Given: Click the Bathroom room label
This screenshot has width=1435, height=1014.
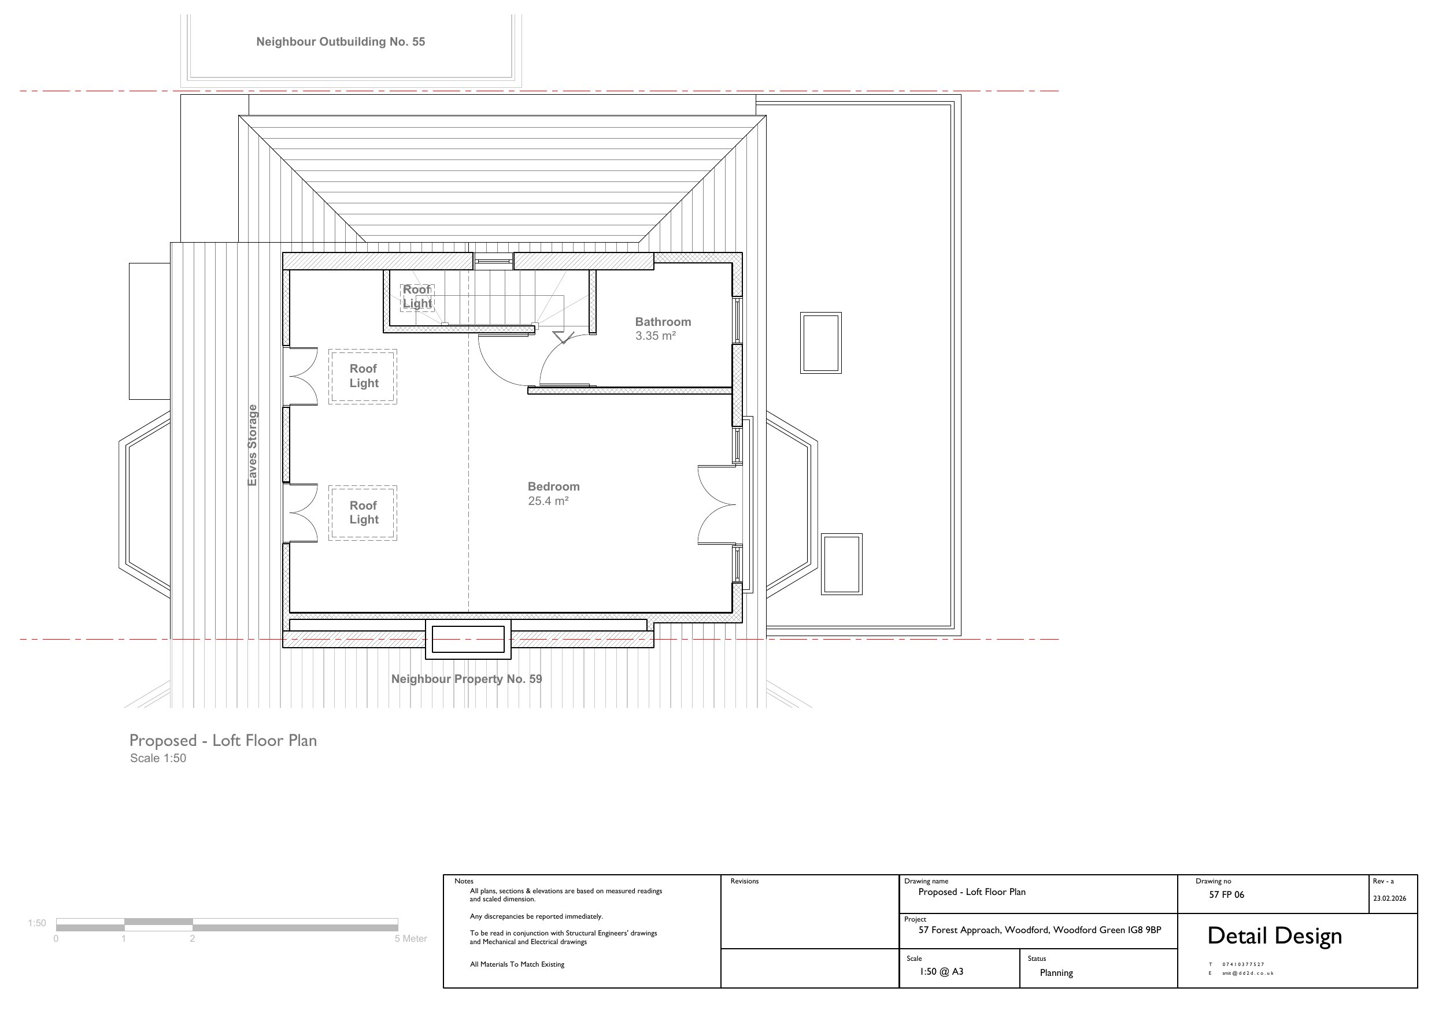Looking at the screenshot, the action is pyautogui.click(x=663, y=322).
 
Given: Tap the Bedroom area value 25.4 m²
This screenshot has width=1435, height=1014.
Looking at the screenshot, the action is pyautogui.click(x=548, y=501).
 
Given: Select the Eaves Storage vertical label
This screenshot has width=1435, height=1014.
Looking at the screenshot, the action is pyautogui.click(x=253, y=445).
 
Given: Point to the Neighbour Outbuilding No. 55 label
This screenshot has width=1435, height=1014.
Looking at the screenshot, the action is pyautogui.click(x=341, y=42).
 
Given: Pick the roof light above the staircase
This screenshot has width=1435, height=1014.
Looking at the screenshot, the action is pyautogui.click(x=417, y=297).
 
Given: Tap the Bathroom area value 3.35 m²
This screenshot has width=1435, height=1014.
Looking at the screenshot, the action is pyautogui.click(x=656, y=336).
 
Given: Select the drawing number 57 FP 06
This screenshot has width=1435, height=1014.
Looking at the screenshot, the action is pyautogui.click(x=1226, y=894).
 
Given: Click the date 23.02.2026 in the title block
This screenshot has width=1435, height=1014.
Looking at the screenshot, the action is pyautogui.click(x=1389, y=898).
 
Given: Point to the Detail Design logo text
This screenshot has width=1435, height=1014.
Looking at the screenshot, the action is pyautogui.click(x=1274, y=936).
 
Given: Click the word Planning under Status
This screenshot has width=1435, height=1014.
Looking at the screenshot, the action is pyautogui.click(x=1056, y=973).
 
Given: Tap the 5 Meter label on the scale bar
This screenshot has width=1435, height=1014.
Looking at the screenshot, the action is pyautogui.click(x=410, y=938).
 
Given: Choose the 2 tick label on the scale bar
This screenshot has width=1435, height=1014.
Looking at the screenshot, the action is pyautogui.click(x=193, y=938).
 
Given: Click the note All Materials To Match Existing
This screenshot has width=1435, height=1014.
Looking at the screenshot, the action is pyautogui.click(x=517, y=964).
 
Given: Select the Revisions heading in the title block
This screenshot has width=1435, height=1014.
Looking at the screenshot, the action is pyautogui.click(x=744, y=881).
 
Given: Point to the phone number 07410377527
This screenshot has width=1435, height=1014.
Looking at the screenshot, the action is pyautogui.click(x=1243, y=964).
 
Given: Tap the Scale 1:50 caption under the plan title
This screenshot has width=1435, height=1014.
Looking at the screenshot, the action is pyautogui.click(x=158, y=758).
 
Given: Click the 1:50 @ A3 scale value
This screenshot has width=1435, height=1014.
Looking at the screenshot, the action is pyautogui.click(x=941, y=971).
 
